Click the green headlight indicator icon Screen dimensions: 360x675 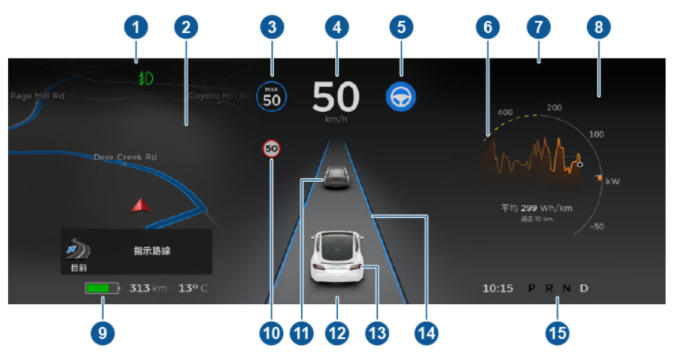143,79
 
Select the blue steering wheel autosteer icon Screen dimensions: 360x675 401,98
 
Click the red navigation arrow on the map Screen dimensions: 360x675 139,205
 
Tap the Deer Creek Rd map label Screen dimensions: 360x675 125,157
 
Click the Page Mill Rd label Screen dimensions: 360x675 37,96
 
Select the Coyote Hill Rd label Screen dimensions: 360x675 219,96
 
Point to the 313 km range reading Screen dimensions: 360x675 147,289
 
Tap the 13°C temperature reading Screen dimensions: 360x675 193,289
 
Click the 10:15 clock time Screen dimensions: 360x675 498,289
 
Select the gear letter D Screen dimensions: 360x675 584,289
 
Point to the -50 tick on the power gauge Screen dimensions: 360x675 597,227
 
